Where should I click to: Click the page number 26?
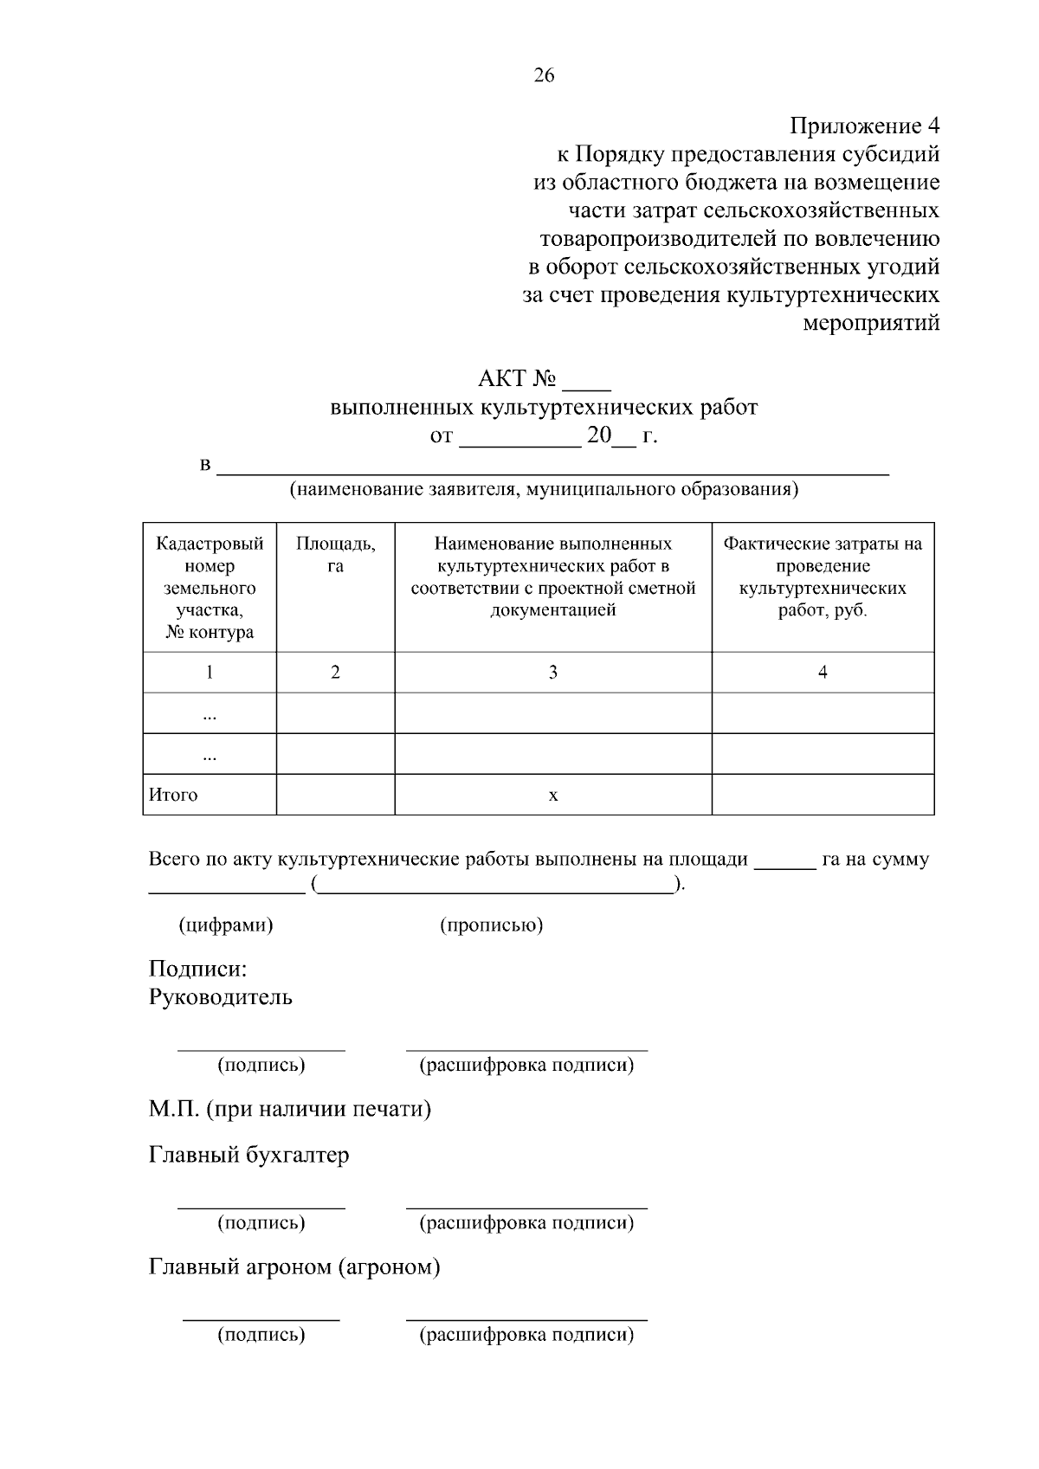(x=544, y=76)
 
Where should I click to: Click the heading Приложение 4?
(x=864, y=126)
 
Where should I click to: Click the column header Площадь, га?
(x=335, y=555)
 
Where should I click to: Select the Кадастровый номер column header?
(x=210, y=587)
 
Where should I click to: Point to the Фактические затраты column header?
(x=823, y=577)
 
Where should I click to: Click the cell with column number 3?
(x=552, y=673)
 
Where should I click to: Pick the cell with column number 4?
(x=823, y=673)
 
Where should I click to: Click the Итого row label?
(x=173, y=795)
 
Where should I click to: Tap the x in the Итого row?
(x=553, y=795)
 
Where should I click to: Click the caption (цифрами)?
(x=226, y=925)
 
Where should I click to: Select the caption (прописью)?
(x=491, y=925)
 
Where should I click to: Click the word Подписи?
(x=198, y=969)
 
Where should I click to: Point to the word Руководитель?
(x=221, y=997)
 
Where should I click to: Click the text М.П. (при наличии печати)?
(x=290, y=1109)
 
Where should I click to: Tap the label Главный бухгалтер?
(x=249, y=1156)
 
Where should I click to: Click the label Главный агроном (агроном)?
(x=294, y=1267)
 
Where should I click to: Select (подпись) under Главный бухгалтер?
(x=261, y=1223)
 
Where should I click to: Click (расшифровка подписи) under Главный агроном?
(x=526, y=1335)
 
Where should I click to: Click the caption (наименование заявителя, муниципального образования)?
(x=544, y=490)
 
